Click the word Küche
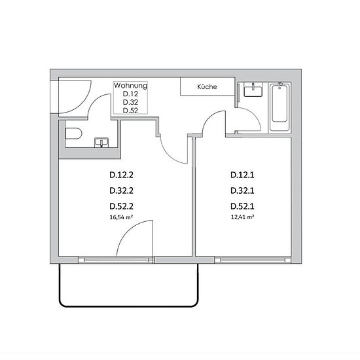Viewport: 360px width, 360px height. pos(207,87)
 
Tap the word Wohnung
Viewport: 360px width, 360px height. pos(130,86)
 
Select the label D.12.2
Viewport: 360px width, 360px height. pos(121,175)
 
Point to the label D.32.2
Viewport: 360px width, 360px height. pos(121,190)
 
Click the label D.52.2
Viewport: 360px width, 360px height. pos(121,206)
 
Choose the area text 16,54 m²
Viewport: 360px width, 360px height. pos(121,217)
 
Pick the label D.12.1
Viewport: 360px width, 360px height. pos(242,175)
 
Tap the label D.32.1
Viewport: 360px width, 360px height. pos(242,190)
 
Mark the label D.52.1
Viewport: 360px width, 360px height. pos(242,206)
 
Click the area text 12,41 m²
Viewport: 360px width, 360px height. pos(242,217)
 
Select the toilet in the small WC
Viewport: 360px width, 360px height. pos(73,134)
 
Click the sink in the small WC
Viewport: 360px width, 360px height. pos(101,142)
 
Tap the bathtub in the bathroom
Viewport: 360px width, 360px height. pos(279,107)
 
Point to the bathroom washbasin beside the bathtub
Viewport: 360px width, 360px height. pos(253,90)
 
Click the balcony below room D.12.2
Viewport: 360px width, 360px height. pos(128,285)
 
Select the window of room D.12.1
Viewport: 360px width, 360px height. pos(253,260)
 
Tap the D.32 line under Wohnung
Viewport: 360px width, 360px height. pos(130,102)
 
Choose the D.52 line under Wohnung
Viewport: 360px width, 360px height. pos(130,111)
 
